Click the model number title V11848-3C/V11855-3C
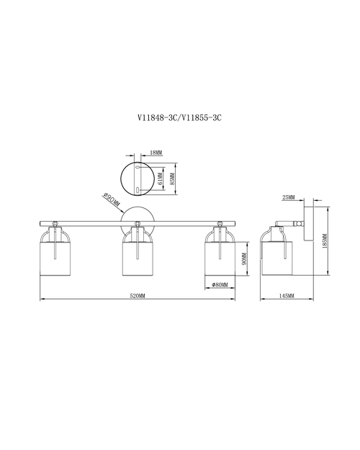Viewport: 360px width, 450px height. pyautogui.click(x=180, y=117)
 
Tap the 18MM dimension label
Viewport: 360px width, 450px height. pyautogui.click(x=156, y=153)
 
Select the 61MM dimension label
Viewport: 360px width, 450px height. pyautogui.click(x=160, y=179)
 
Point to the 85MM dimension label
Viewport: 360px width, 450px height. pyautogui.click(x=172, y=179)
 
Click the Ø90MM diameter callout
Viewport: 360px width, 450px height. pyautogui.click(x=112, y=199)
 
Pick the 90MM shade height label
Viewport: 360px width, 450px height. pyautogui.click(x=244, y=258)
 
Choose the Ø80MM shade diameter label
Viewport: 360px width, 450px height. pyautogui.click(x=220, y=284)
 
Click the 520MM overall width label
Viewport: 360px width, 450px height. pyautogui.click(x=138, y=296)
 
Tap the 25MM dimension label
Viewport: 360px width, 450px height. pyautogui.click(x=289, y=197)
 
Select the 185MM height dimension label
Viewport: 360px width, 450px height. pyautogui.click(x=325, y=241)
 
